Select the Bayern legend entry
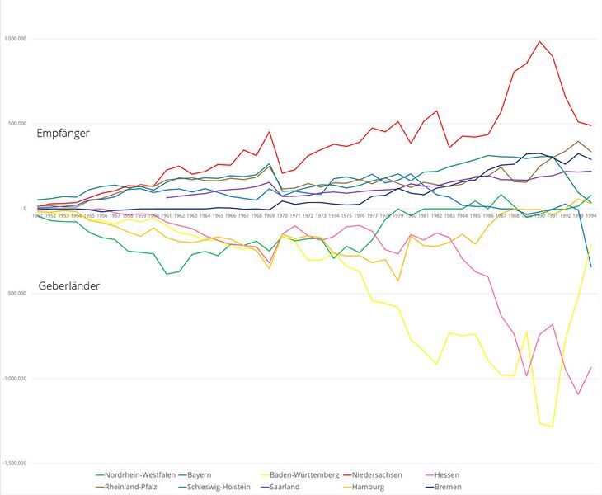coord(199,474)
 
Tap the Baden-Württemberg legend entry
coord(304,474)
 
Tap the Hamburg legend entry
coord(368,487)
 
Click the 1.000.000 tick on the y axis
coord(16,39)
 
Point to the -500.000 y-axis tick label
coord(16,293)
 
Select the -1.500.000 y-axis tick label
coord(16,463)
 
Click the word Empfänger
coord(63,132)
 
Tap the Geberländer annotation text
coord(69,286)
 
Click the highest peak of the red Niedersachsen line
coord(539,41)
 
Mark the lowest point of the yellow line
coord(553,427)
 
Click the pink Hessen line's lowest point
coord(578,394)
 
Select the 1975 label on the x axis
coord(346,215)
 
